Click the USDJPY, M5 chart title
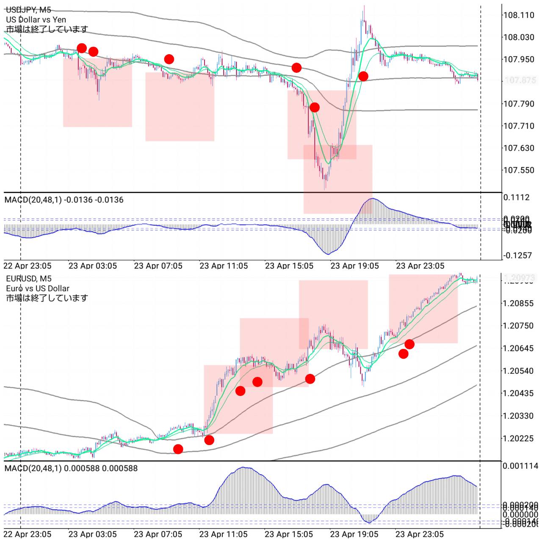[x=29, y=10]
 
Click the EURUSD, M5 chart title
[x=29, y=278]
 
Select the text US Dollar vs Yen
[x=36, y=19]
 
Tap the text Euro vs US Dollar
[x=38, y=288]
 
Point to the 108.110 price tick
[x=518, y=15]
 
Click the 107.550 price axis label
[x=518, y=170]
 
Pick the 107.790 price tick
[x=518, y=103]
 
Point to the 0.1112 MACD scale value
[x=516, y=197]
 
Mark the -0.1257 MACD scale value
[x=517, y=255]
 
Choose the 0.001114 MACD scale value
[x=520, y=466]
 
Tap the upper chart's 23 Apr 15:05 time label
[x=289, y=266]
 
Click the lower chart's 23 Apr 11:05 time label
[x=224, y=534]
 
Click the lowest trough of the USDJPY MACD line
[x=328, y=254]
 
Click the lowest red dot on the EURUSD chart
[x=178, y=449]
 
